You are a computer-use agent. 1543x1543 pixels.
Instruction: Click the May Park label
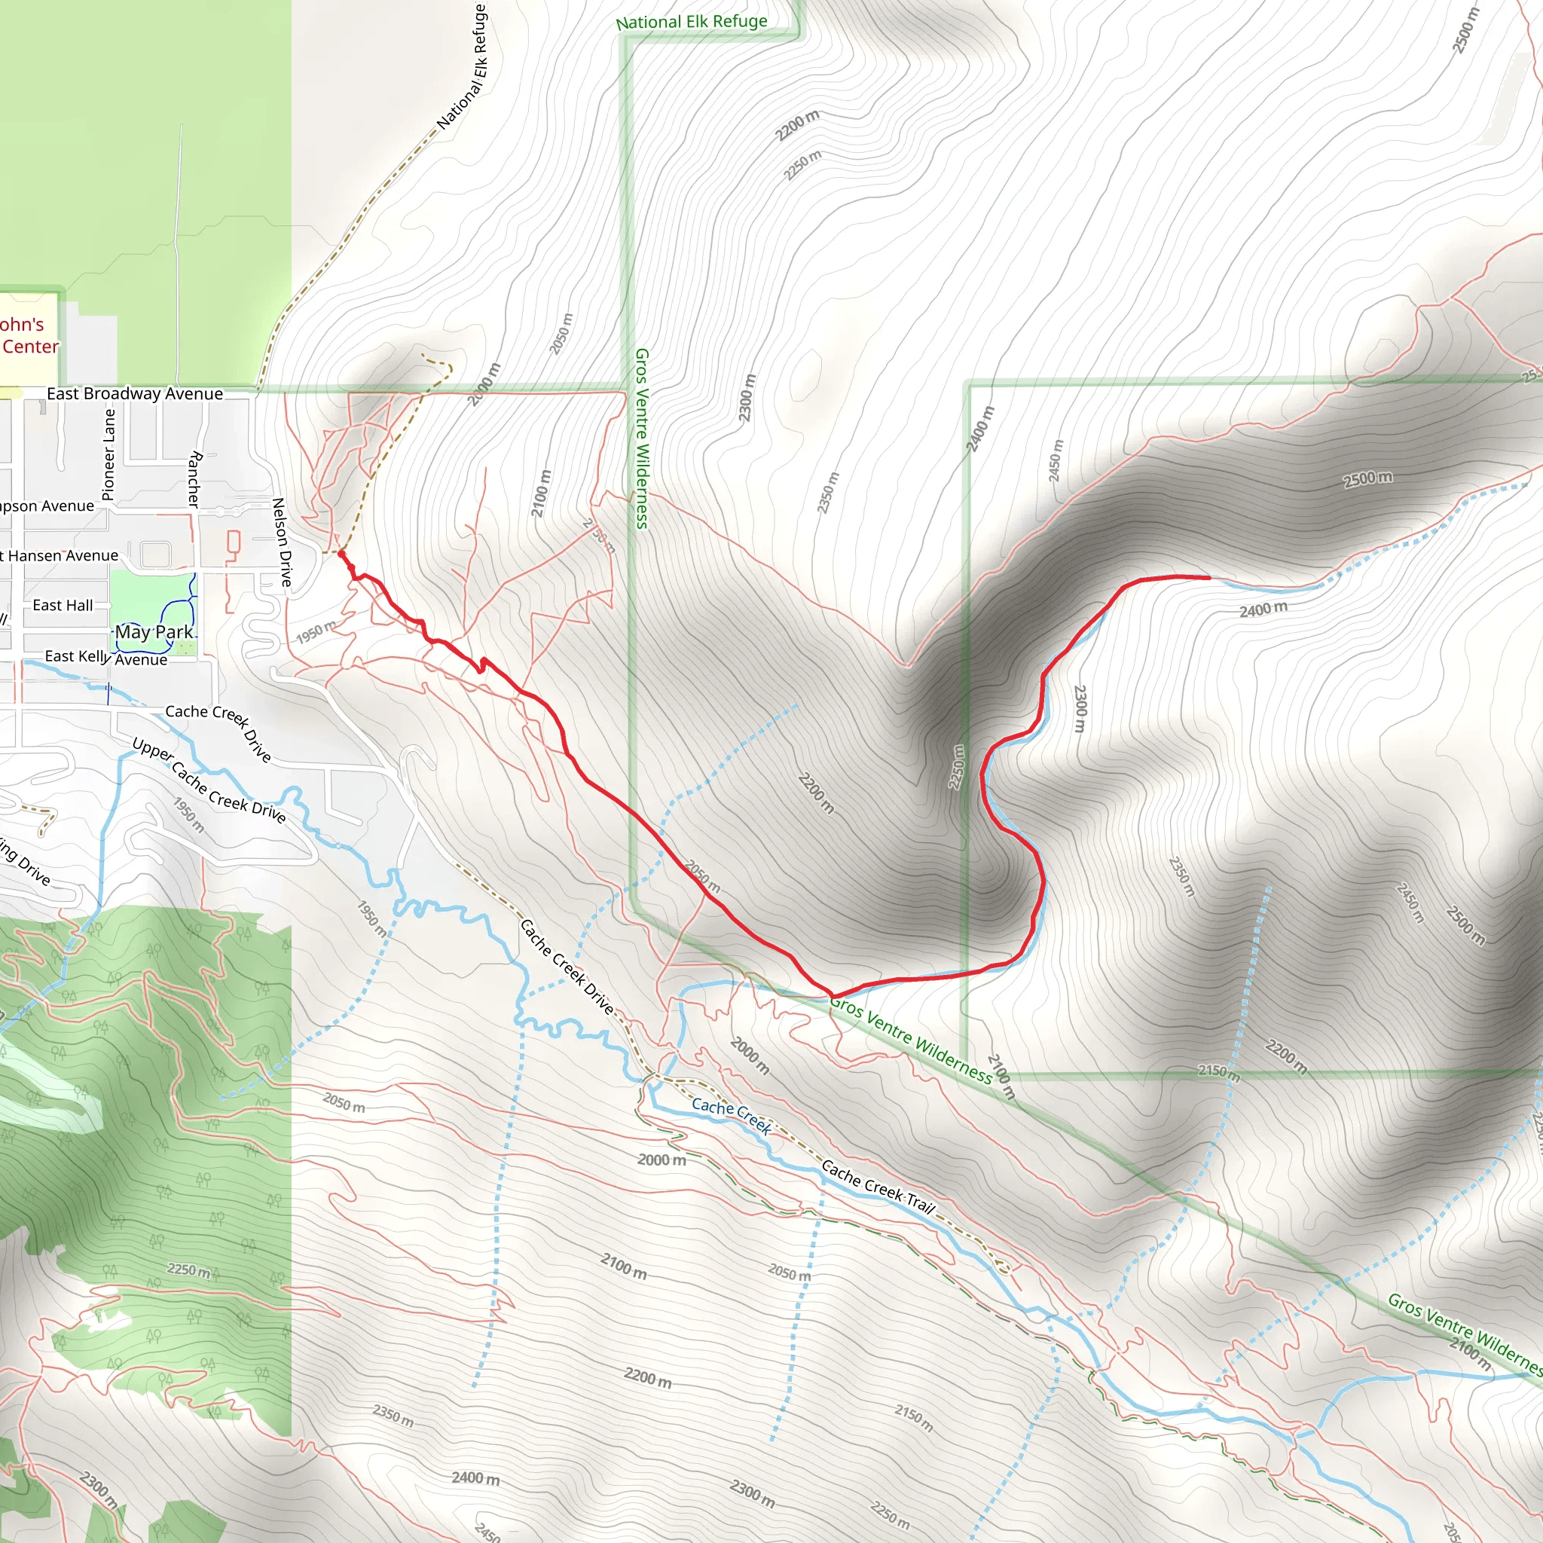[154, 631]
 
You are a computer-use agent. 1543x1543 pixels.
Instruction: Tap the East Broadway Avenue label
[135, 394]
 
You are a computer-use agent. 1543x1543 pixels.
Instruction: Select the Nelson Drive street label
[282, 542]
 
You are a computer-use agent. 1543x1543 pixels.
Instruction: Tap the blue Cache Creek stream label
[732, 1116]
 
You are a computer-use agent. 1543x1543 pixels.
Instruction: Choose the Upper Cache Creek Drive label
[209, 781]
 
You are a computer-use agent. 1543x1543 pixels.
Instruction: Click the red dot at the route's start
[341, 554]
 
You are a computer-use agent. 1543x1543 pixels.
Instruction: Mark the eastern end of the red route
[1208, 576]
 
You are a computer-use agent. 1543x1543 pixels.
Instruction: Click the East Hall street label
[63, 606]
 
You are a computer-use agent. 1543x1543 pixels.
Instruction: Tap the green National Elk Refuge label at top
[692, 22]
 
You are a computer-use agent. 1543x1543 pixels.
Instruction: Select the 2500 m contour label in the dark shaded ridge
[1368, 479]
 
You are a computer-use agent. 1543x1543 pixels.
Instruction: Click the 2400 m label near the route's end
[1263, 610]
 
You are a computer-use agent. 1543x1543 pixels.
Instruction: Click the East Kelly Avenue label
[106, 657]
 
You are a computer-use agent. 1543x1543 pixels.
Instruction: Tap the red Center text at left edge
[30, 347]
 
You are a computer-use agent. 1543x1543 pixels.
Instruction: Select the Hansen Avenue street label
[63, 555]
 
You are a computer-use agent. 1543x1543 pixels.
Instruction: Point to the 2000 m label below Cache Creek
[662, 1160]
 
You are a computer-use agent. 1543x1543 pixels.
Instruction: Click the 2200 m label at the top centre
[798, 125]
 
